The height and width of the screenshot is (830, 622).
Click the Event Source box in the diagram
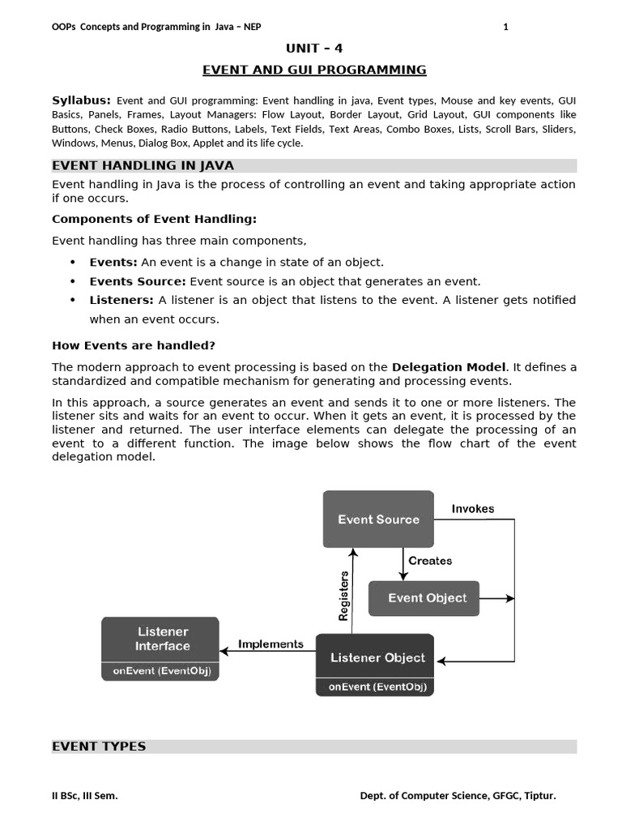pos(378,519)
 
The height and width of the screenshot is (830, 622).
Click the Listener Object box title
pos(377,657)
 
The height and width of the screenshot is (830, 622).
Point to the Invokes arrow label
pos(473,509)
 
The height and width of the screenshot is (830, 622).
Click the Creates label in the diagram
pos(430,560)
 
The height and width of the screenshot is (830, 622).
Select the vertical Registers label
pos(343,596)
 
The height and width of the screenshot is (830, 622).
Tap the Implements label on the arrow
pos(271,644)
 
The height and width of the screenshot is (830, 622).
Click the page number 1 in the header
pos(505,27)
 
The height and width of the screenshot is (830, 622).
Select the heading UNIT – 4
pos(314,49)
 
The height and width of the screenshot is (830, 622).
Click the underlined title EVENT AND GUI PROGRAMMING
pos(314,70)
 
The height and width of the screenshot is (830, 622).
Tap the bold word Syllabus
pos(81,100)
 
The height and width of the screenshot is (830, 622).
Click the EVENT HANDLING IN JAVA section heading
pos(143,166)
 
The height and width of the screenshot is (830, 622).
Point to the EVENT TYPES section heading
pos(99,747)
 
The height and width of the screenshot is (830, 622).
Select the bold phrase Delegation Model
pos(449,367)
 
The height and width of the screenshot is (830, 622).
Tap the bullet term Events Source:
pos(138,281)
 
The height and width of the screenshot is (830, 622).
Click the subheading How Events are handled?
pos(134,345)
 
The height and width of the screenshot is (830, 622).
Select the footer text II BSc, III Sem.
pos(85,796)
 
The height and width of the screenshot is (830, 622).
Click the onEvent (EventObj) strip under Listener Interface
pos(160,671)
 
